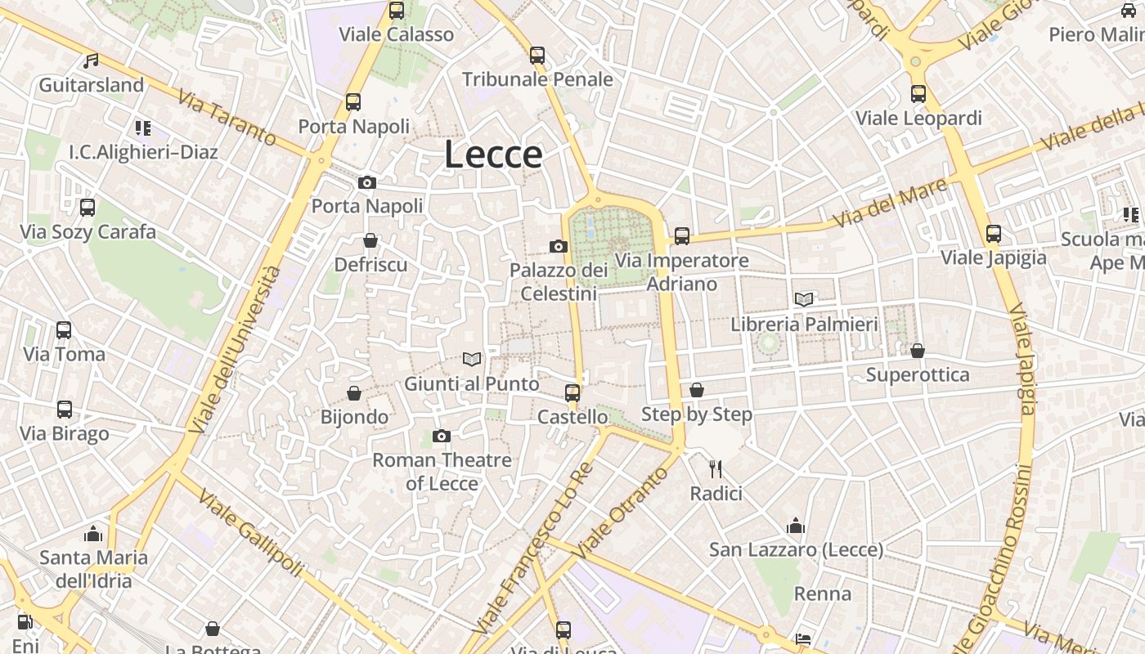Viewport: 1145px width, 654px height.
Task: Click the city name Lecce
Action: coord(493,155)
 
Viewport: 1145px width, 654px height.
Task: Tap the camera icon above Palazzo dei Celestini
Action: coord(559,246)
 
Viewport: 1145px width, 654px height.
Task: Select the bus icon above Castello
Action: coord(572,392)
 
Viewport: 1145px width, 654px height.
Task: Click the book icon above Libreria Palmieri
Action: coord(804,299)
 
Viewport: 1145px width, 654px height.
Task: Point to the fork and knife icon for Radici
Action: coord(716,468)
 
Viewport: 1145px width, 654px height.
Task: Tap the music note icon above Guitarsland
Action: coord(92,61)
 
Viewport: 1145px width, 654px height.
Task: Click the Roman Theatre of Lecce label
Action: coord(442,472)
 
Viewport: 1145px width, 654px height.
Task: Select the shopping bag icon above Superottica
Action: coord(918,351)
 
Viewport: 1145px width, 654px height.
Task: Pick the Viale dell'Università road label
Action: coord(235,349)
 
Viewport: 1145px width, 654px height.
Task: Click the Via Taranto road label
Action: coord(227,119)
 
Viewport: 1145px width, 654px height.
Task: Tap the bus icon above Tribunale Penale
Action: coord(537,56)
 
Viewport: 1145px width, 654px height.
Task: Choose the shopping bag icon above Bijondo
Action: coord(354,393)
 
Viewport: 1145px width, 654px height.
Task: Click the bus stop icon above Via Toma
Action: coord(64,330)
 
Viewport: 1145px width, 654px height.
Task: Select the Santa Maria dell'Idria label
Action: coord(94,569)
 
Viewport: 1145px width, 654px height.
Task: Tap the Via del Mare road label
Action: coord(890,204)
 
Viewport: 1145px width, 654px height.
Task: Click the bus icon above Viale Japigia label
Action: coord(994,234)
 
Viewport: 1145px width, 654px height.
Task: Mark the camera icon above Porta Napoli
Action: coord(367,182)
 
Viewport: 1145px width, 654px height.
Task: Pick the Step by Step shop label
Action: coord(697,414)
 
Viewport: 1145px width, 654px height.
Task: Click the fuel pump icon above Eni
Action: coord(25,622)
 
